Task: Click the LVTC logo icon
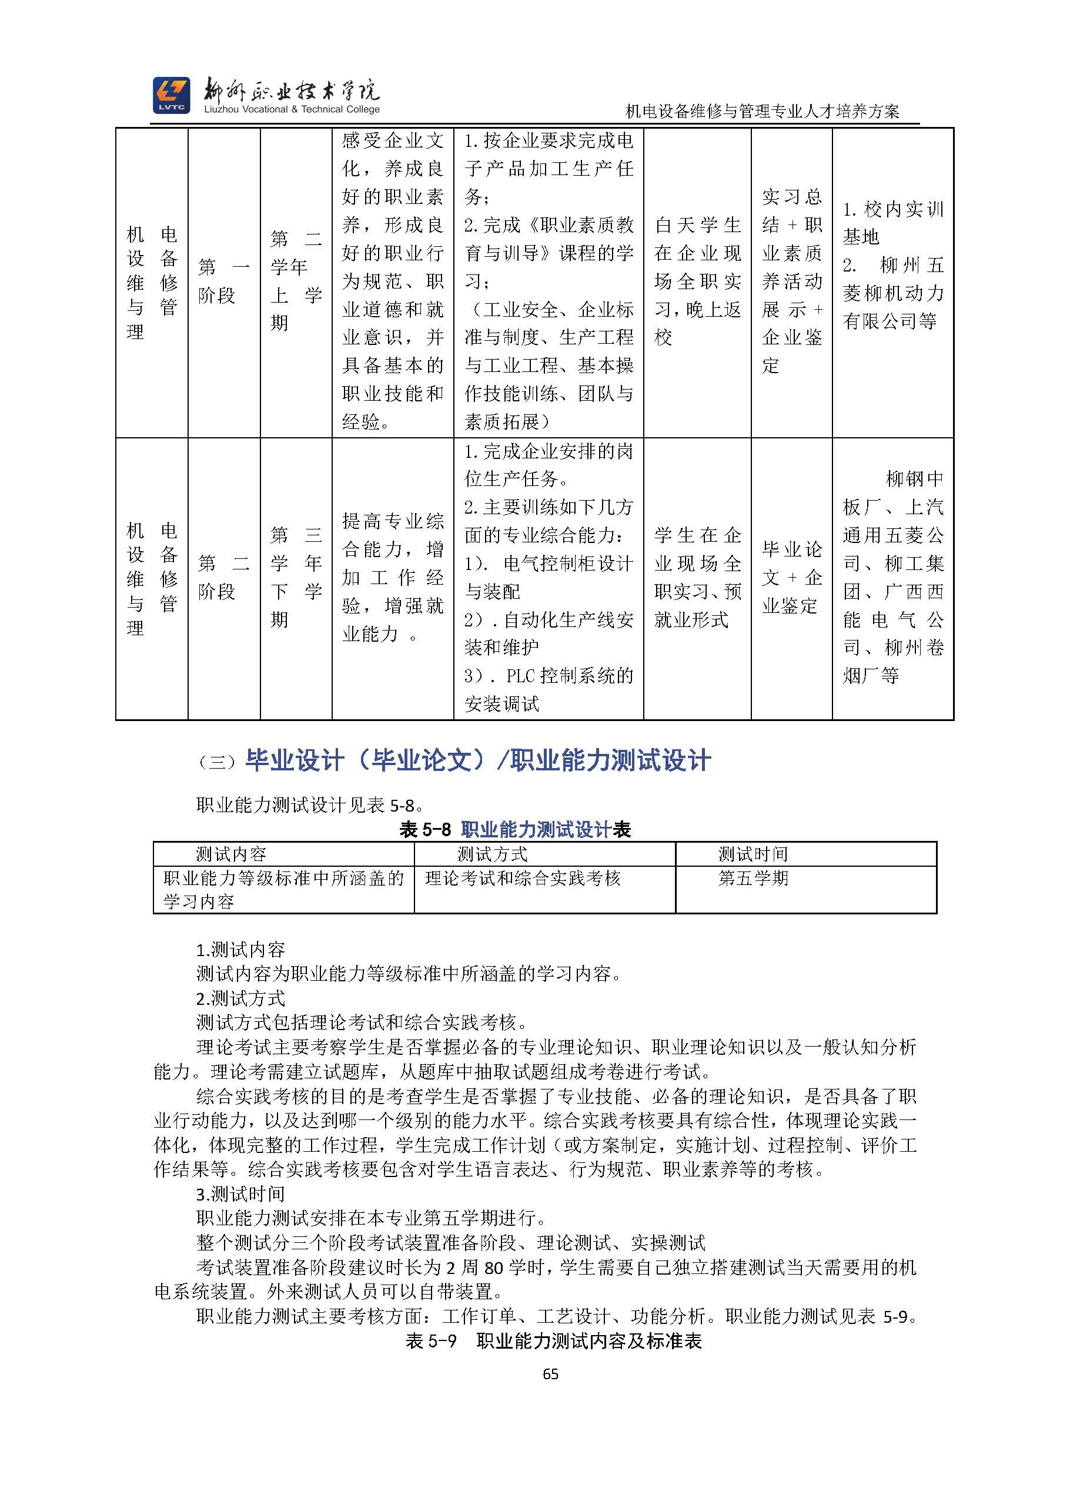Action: [171, 95]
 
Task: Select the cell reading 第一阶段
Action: [223, 281]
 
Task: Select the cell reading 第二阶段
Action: [223, 577]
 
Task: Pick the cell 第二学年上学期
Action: [296, 281]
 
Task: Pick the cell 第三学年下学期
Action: [296, 577]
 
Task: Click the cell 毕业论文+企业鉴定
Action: [791, 578]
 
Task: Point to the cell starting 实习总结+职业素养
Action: [791, 281]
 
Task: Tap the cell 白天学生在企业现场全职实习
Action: [697, 281]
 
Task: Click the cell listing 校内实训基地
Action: [893, 266]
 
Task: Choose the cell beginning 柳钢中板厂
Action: [893, 577]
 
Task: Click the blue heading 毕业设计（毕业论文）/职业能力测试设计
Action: [477, 760]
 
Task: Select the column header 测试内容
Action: [231, 854]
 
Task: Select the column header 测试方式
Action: [492, 854]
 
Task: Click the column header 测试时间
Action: [753, 854]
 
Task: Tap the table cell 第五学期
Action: [753, 879]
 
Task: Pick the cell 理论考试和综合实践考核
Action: [523, 879]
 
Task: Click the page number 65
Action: [550, 1374]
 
